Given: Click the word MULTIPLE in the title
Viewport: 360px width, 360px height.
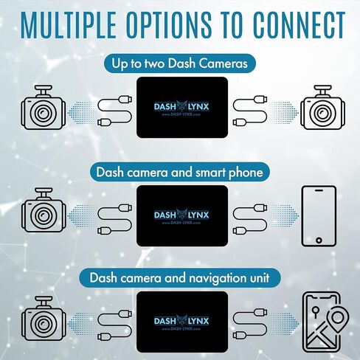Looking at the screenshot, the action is (x=69, y=25).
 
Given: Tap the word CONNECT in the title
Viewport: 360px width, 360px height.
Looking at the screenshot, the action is (x=300, y=25).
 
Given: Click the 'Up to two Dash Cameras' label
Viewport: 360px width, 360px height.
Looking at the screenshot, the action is (x=179, y=63).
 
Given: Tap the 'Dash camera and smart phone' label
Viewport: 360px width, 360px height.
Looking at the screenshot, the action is (x=179, y=172).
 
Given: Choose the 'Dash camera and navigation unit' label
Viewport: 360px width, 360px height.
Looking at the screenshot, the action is (x=179, y=278).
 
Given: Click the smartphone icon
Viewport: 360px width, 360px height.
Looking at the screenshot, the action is (x=319, y=216).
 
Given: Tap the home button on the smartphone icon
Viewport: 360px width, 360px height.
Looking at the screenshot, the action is (x=319, y=240).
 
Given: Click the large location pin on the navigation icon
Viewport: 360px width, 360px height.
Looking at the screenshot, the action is (x=338, y=319).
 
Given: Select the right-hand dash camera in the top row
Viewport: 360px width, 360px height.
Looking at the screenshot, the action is (x=322, y=107).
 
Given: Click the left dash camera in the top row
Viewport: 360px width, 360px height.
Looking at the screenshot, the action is (x=44, y=107).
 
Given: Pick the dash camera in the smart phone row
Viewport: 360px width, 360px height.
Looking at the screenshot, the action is (x=44, y=210).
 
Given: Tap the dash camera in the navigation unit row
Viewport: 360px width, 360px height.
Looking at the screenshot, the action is (x=44, y=319).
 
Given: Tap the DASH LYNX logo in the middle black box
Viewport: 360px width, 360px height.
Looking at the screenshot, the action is (x=181, y=215).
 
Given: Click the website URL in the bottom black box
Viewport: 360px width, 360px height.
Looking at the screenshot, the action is (x=181, y=328).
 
